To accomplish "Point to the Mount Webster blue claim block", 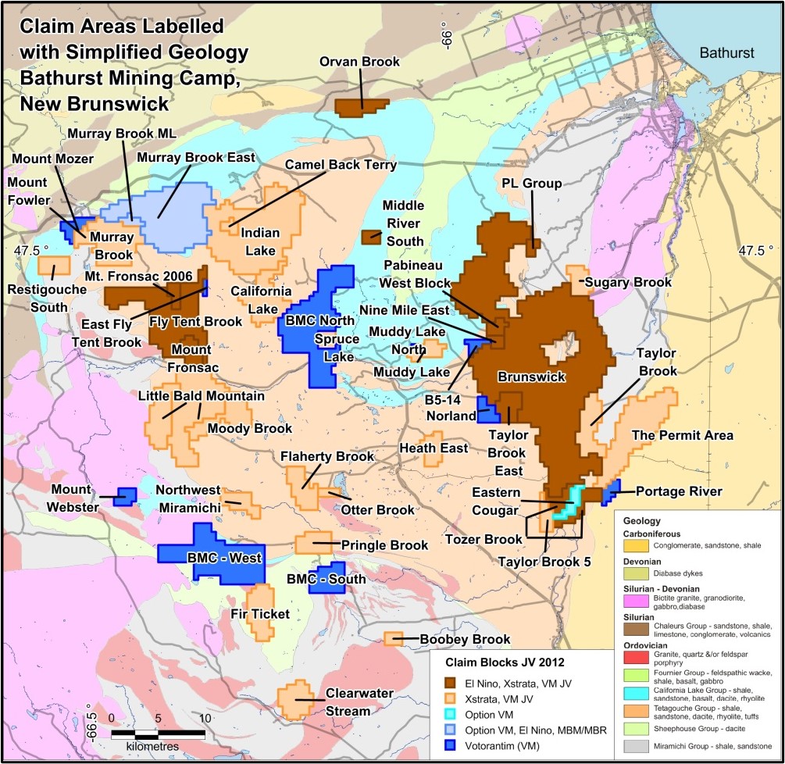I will click(x=124, y=496).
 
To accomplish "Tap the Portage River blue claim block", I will click(x=610, y=491).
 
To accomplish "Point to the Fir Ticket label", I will click(x=259, y=614).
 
